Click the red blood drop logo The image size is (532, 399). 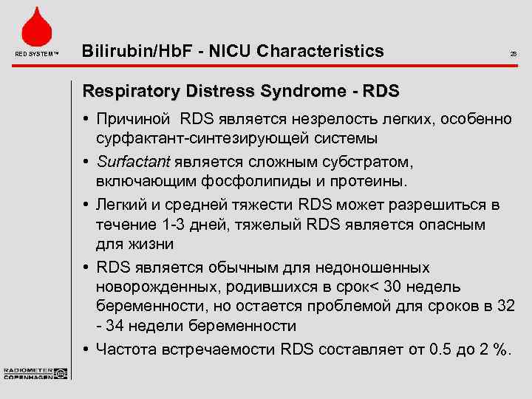[x=35, y=27]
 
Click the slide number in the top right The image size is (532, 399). [x=513, y=54]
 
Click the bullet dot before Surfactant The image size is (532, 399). [x=86, y=163]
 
